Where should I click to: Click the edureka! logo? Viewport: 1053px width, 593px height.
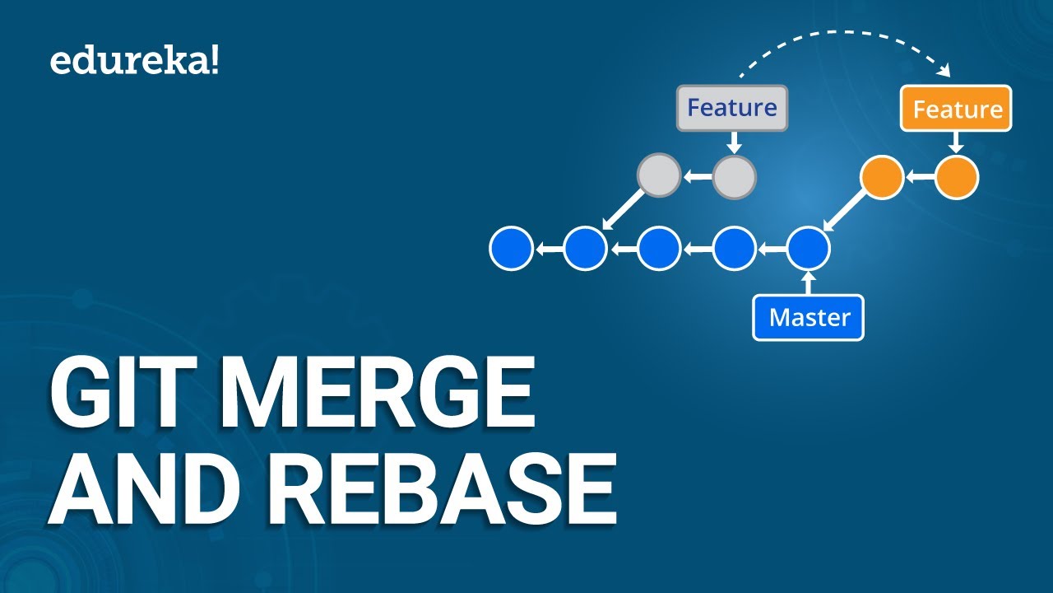click(135, 62)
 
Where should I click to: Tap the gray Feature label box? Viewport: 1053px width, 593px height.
click(732, 108)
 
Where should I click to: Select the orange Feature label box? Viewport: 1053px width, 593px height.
click(957, 109)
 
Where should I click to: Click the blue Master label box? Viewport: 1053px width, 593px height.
click(809, 318)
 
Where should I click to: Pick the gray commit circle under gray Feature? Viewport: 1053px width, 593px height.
click(734, 177)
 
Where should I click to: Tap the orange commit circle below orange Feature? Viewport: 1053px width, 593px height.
click(957, 178)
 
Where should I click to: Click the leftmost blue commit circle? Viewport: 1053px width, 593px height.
click(511, 248)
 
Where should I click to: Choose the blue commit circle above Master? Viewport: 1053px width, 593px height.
click(809, 248)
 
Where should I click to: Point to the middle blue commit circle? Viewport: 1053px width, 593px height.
click(659, 248)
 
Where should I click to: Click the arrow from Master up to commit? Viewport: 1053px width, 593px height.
click(809, 282)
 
